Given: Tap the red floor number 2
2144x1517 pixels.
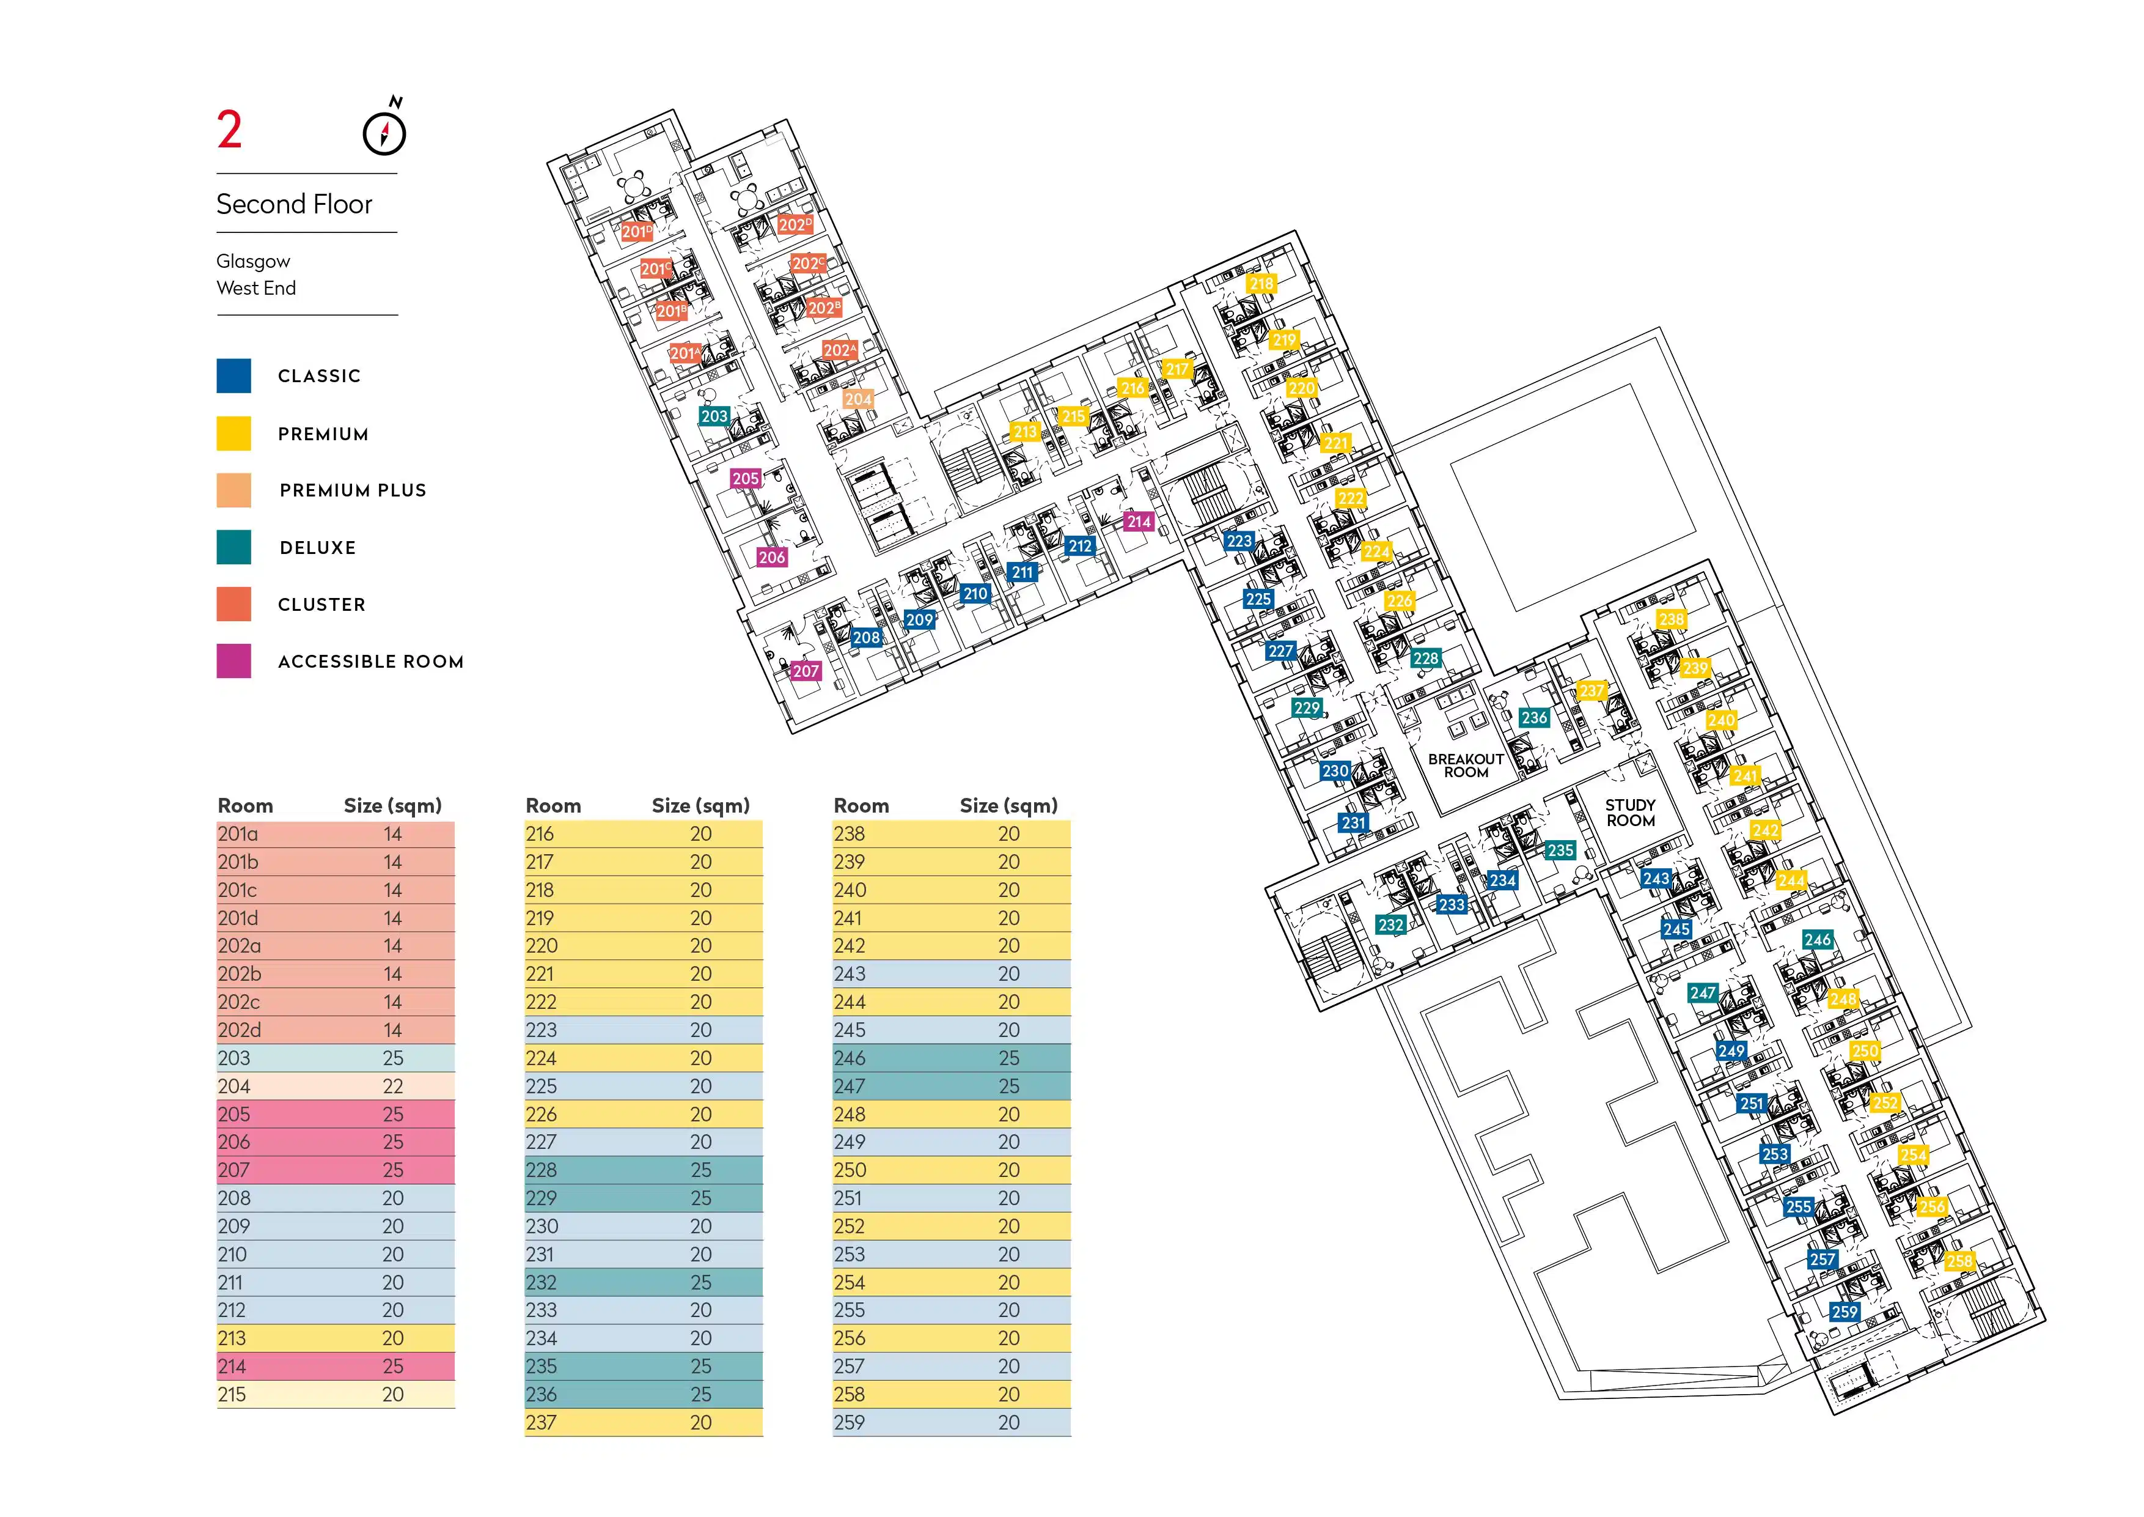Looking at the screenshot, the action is pos(230,130).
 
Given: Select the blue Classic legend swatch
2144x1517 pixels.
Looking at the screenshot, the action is pos(233,375).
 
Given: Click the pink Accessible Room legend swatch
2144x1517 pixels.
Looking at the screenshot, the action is pos(233,660).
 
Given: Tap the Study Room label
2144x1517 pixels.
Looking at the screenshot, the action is pos(1631,813).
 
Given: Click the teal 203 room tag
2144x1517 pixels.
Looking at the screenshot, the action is pos(714,416).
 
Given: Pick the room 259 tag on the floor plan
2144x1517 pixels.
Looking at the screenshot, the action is pos(1845,1312).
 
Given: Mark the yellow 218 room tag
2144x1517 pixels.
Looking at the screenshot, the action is pos(1261,284).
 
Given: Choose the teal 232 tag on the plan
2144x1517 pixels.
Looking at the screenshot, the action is pos(1390,925).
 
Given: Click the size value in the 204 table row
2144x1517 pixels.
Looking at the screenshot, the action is pos(393,1087).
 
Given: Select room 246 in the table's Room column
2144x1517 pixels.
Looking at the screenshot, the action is pos(850,1058).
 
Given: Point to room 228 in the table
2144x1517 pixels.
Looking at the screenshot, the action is pos(542,1170).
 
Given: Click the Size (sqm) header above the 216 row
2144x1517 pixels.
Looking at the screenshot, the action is pos(700,805).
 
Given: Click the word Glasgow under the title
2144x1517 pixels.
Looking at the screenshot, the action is pos(253,262).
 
